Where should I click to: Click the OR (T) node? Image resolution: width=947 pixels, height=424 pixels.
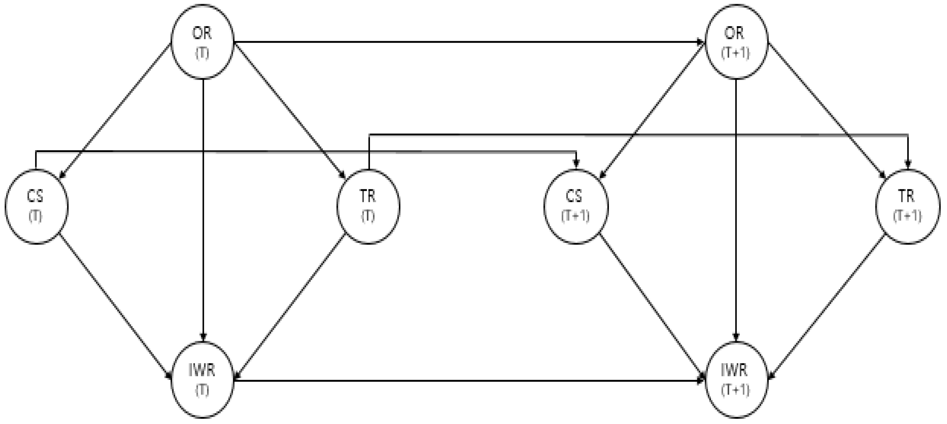pos(202,41)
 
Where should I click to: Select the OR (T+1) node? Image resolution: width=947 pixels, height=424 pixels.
pos(736,41)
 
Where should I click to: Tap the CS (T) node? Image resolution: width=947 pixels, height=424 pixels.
pos(36,206)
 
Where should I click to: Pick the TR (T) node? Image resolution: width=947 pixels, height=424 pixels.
pos(368,206)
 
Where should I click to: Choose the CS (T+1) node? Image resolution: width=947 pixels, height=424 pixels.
pos(576,206)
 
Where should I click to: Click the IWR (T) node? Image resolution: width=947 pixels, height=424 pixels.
pos(202,379)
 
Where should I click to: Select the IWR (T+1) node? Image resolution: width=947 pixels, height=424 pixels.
pos(736,379)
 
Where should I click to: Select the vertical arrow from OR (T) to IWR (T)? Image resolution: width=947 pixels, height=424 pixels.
pos(203,209)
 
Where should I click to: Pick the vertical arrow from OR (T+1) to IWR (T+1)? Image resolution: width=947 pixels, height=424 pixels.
pos(736,209)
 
